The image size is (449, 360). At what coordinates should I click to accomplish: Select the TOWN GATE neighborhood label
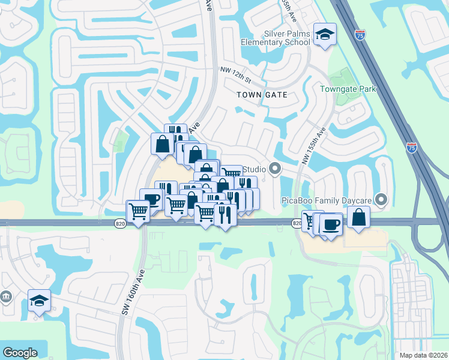tap(262, 95)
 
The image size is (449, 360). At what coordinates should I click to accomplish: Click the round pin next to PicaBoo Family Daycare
tap(381, 199)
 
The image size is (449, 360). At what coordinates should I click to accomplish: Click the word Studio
tap(254, 169)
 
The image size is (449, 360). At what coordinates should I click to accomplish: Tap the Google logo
tap(20, 353)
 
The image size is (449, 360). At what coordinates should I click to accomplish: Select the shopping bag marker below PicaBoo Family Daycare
tap(358, 218)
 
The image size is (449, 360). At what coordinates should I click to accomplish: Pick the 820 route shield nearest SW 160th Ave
tap(120, 223)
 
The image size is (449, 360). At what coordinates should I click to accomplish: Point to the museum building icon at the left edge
tap(6, 296)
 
